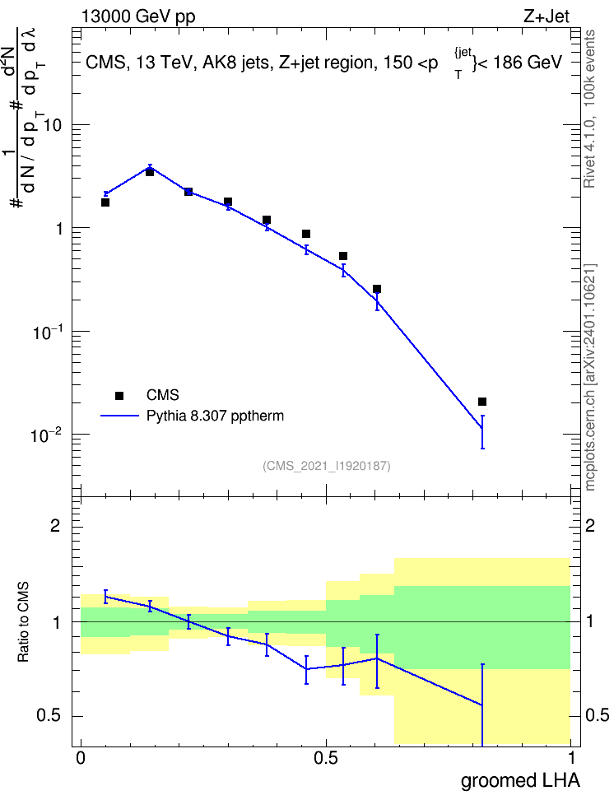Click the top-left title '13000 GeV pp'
click(x=138, y=16)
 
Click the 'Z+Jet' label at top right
click(x=547, y=16)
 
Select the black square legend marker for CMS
click(x=119, y=395)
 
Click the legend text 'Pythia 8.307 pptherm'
click(x=215, y=416)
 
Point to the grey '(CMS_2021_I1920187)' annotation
click(x=327, y=466)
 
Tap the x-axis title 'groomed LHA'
click(x=521, y=780)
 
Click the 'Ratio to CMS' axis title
click(x=23, y=622)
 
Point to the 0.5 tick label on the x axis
click(x=326, y=758)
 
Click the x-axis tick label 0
click(x=81, y=758)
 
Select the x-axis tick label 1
click(x=571, y=758)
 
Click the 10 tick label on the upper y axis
click(x=53, y=125)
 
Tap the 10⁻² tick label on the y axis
click(x=46, y=435)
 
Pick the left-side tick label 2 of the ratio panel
click(x=55, y=525)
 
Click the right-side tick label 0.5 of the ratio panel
click(x=598, y=715)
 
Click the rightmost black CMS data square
click(x=482, y=402)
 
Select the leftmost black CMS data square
click(x=105, y=202)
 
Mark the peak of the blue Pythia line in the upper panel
click(x=150, y=167)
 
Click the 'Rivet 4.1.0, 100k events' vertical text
click(x=589, y=109)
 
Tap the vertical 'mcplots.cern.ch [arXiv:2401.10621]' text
click(x=590, y=378)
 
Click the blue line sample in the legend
click(x=119, y=416)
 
